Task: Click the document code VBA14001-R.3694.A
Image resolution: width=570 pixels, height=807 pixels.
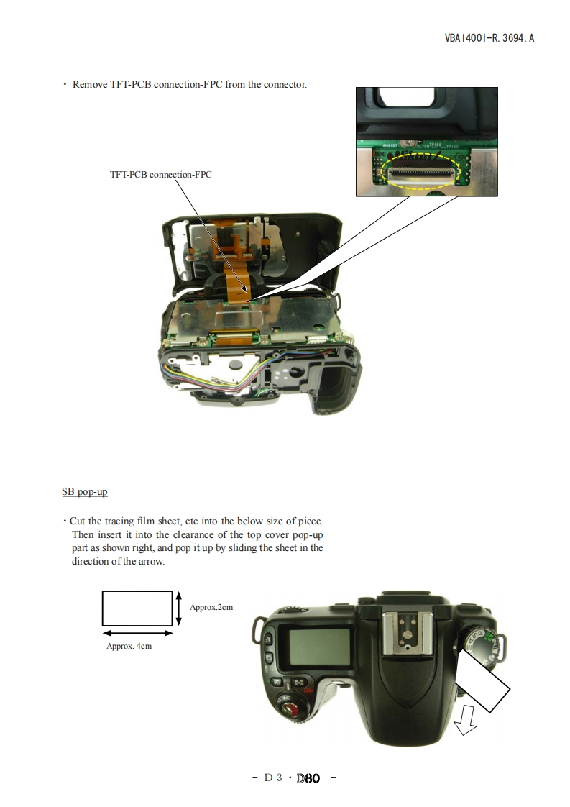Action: pos(489,38)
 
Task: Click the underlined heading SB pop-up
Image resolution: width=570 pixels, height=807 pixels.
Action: pos(85,491)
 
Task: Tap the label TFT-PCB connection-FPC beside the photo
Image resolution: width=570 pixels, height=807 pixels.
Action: pos(160,175)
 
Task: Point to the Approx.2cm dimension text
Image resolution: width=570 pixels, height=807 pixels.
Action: pos(211,607)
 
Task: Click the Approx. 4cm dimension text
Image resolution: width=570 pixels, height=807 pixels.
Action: pos(129,646)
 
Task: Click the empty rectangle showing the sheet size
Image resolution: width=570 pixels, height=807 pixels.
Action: pos(137,608)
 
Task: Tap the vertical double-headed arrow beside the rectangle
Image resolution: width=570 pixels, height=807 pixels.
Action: pos(178,608)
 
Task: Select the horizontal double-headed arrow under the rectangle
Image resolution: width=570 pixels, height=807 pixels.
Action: pos(137,633)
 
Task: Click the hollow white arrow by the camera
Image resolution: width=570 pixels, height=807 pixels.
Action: pos(466,719)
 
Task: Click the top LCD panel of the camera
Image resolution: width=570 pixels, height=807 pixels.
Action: pos(319,646)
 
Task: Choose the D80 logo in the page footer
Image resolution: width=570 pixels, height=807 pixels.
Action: pos(308,778)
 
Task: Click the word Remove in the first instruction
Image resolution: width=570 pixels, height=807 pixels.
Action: pos(90,84)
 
